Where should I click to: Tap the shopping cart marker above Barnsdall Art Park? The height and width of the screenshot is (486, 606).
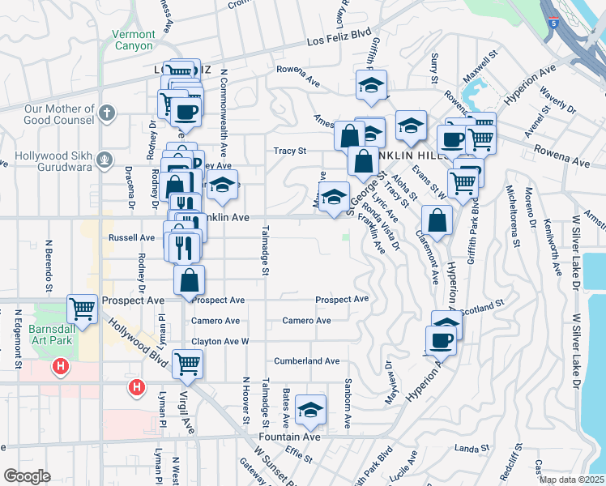83,308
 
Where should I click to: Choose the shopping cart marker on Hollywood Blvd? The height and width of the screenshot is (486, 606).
187,364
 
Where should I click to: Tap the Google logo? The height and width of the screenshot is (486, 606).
27,476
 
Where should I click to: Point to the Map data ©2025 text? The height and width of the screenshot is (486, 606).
570,480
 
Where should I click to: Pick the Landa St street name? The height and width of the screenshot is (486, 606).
472,447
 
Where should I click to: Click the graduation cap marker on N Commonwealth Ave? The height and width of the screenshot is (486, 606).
221,185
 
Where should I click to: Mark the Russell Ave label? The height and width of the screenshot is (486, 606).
131,238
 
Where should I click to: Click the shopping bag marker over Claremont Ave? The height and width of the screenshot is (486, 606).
437,220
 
